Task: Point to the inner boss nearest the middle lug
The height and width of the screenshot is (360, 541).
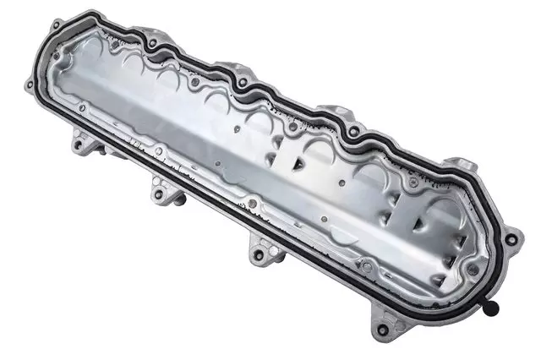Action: click(251, 204)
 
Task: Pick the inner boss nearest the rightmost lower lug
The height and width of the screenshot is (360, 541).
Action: click(365, 265)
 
